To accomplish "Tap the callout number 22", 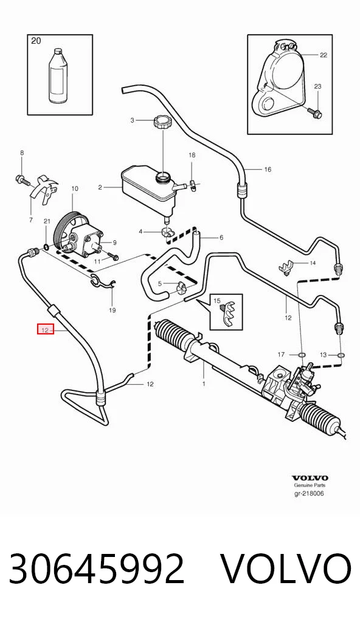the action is [x=324, y=55].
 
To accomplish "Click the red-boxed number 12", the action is [x=46, y=328].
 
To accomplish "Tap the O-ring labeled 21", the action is [x=46, y=247].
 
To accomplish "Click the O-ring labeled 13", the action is [x=341, y=355].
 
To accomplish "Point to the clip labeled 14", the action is [x=286, y=267].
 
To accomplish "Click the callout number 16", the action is [x=268, y=170].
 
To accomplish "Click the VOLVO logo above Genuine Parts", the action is [x=310, y=478].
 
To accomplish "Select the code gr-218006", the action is [x=309, y=494].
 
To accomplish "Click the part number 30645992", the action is [x=96, y=568].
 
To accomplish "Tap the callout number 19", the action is [x=112, y=310].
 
